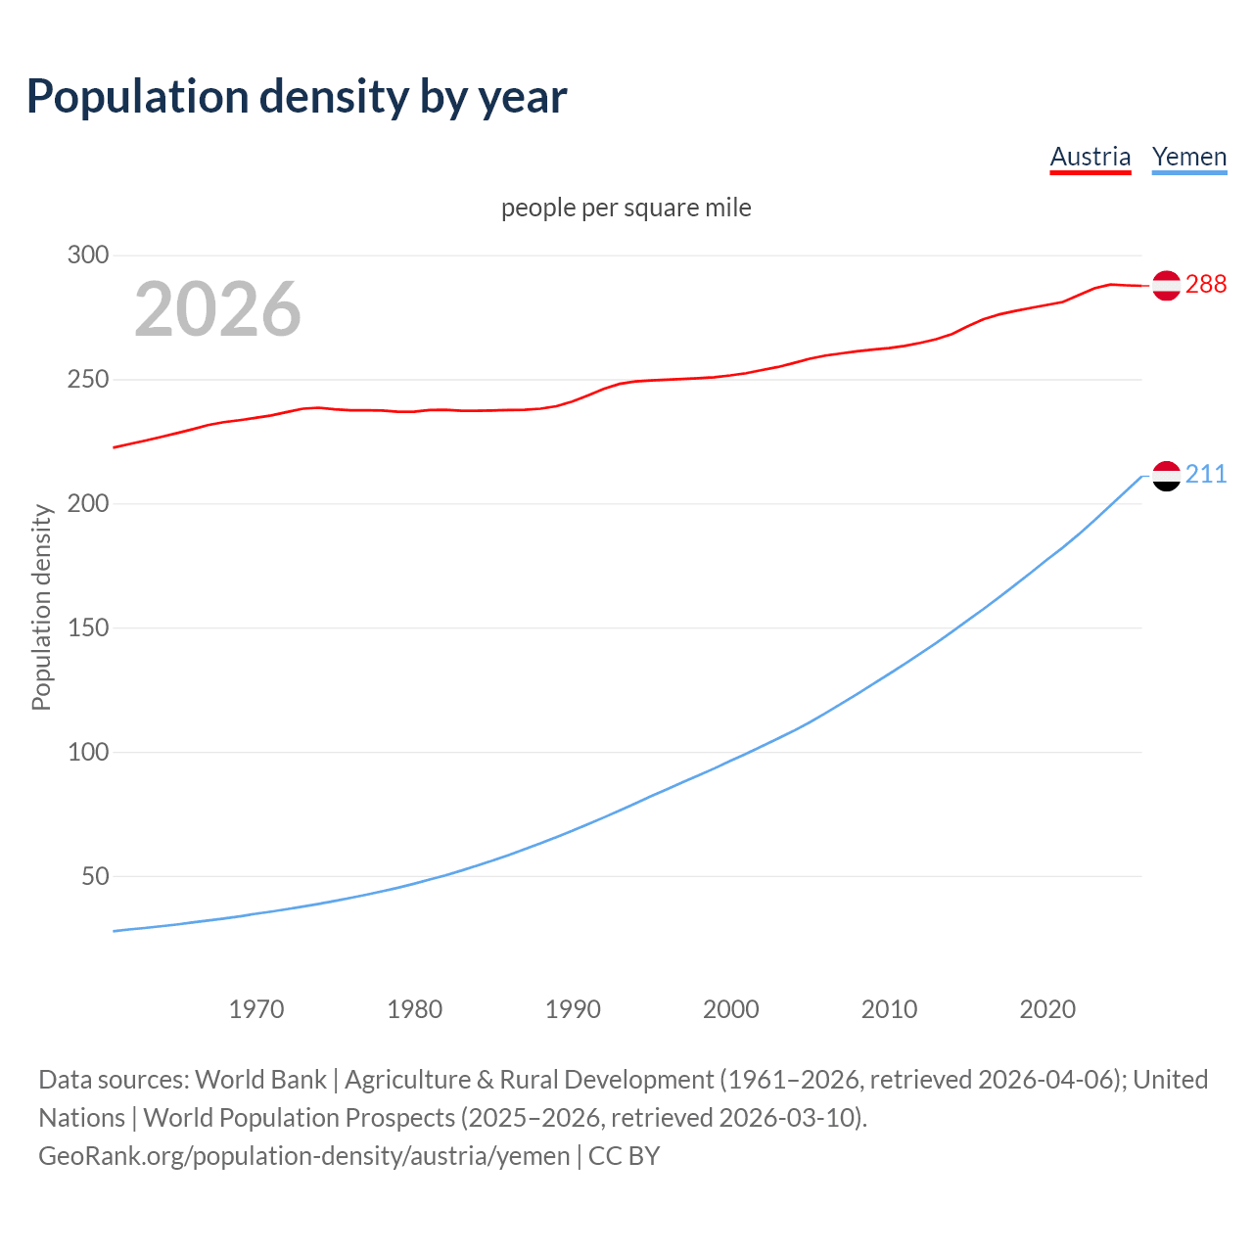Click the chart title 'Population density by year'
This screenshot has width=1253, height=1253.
click(297, 97)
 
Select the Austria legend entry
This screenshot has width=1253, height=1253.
click(1090, 157)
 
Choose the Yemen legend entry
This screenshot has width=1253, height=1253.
click(1189, 157)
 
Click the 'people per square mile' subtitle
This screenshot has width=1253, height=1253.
click(626, 209)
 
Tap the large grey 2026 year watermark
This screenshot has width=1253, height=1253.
click(217, 309)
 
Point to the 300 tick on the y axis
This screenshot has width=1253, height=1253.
click(87, 255)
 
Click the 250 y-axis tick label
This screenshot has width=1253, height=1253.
click(87, 380)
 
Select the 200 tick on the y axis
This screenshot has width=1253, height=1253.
click(87, 504)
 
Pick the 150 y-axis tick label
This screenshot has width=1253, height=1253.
click(87, 628)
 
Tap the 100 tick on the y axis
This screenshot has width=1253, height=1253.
click(87, 753)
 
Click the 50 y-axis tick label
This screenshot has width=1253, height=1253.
click(95, 877)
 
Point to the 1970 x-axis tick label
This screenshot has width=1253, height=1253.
click(256, 1009)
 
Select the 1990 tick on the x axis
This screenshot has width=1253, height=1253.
click(573, 1009)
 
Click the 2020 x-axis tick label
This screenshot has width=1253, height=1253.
click(1047, 1009)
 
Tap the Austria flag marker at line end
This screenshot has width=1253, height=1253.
click(1166, 285)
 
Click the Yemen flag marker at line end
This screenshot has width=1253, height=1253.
click(1166, 476)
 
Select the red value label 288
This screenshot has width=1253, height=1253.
click(1206, 285)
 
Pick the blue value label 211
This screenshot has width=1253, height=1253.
click(1206, 475)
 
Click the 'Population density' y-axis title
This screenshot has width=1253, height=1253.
click(41, 607)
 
